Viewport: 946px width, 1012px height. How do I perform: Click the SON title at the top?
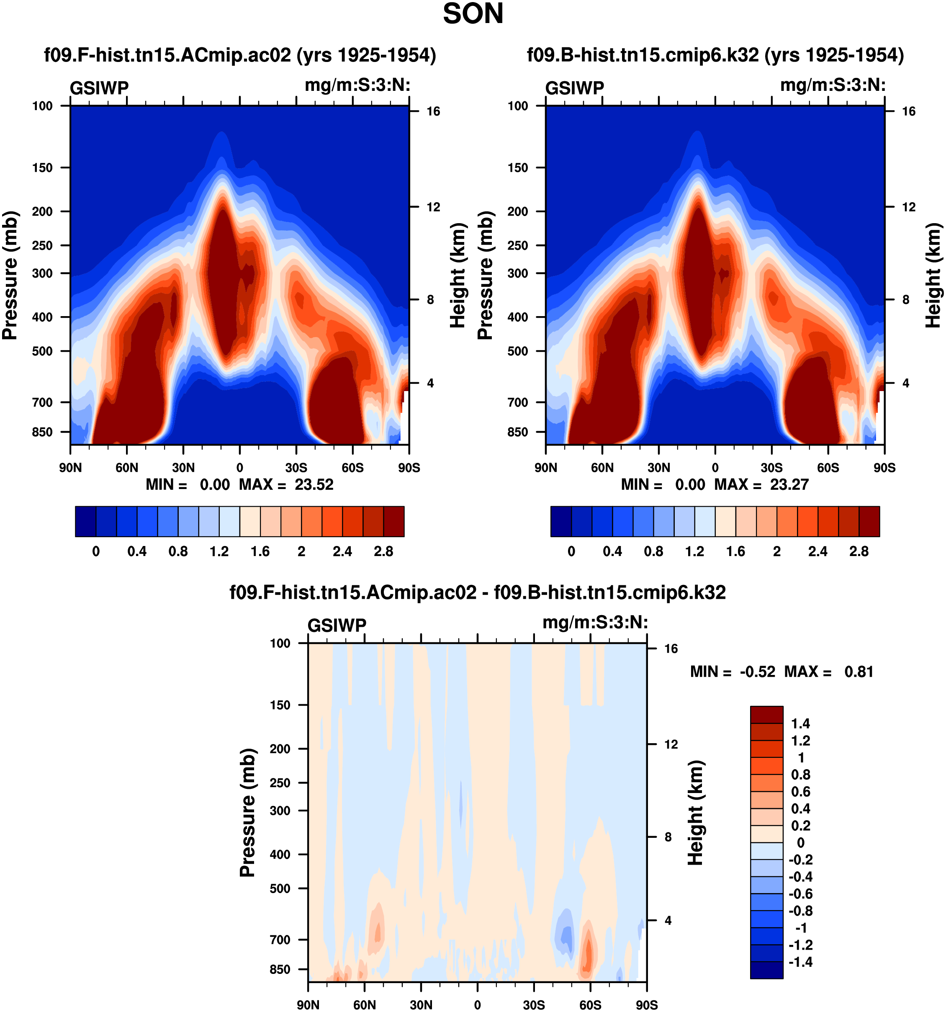click(473, 14)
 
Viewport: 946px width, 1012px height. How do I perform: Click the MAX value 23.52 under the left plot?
click(314, 484)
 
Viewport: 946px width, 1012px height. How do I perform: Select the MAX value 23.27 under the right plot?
click(789, 484)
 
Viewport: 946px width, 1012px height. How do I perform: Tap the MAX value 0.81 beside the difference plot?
click(859, 672)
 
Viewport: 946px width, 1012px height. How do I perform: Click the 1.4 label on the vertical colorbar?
click(800, 724)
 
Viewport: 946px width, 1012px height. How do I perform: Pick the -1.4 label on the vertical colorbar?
click(800, 962)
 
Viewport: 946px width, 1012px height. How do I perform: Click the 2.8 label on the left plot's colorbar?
click(383, 552)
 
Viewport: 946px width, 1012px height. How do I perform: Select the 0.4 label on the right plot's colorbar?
click(612, 552)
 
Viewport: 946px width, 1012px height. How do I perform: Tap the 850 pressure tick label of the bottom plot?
click(280, 969)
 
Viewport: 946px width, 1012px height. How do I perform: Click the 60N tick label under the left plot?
click(127, 468)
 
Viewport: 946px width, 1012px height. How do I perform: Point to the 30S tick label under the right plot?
click(771, 468)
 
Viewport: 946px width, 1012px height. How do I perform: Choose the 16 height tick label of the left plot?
click(433, 111)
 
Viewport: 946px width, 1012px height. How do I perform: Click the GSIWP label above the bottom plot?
click(337, 626)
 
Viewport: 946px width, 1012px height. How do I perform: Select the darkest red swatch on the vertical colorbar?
click(766, 715)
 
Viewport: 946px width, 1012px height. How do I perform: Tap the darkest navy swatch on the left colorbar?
click(85, 521)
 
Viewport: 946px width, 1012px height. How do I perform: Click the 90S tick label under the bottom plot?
click(647, 1005)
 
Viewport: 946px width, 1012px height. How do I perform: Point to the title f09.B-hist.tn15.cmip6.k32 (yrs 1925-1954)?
click(715, 55)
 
